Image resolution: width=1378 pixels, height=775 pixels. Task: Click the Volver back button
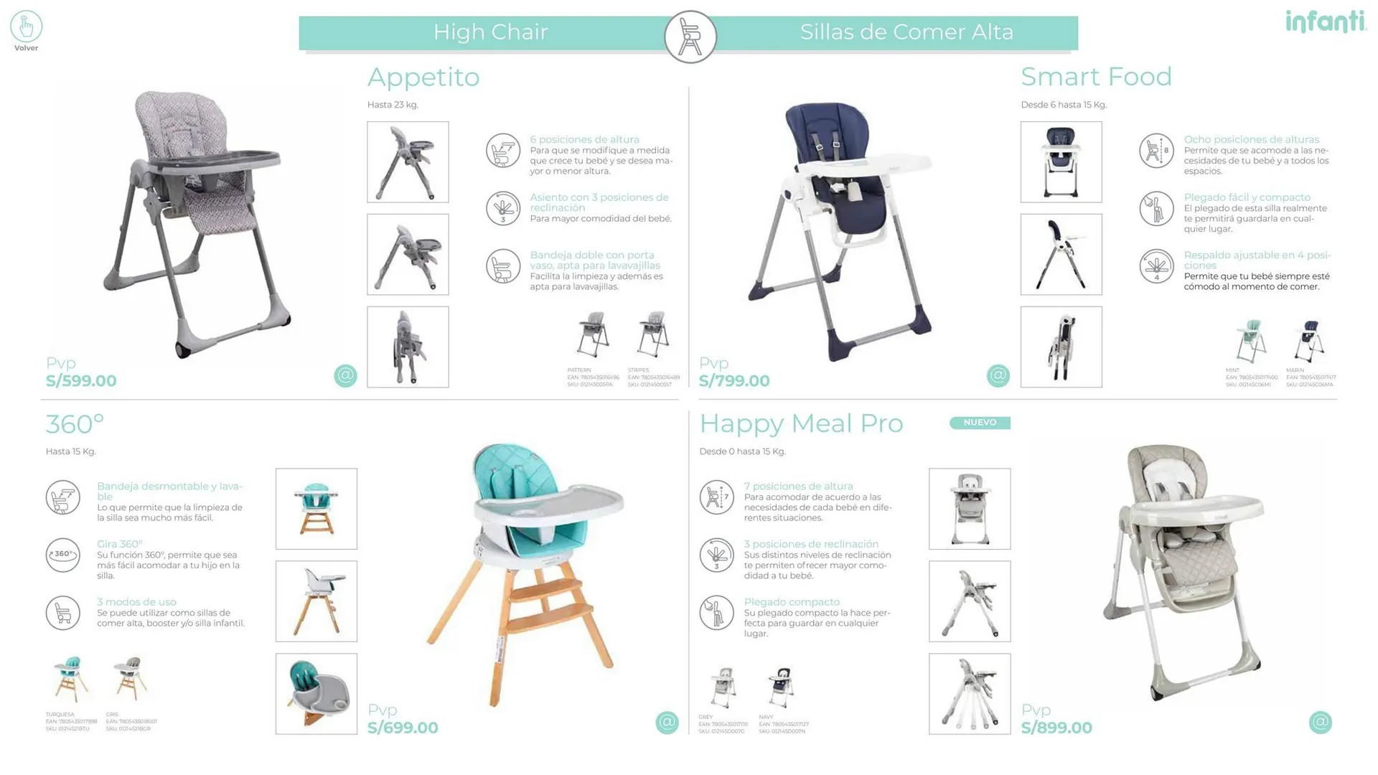[26, 31]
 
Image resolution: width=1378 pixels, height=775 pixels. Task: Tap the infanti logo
[1326, 22]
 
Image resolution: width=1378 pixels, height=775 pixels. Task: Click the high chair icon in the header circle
[690, 37]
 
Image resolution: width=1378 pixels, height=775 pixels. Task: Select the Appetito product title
[423, 77]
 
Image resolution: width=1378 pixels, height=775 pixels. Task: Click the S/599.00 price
[81, 381]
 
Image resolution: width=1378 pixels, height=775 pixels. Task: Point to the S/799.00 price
[734, 381]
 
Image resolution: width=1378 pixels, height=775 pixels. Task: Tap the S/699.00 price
[403, 728]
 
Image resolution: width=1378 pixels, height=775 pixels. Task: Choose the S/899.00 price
[1056, 728]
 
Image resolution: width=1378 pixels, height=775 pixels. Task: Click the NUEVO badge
[980, 423]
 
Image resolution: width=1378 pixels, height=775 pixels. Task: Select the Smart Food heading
[1096, 77]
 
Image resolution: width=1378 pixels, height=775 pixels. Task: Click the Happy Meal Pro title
[801, 423]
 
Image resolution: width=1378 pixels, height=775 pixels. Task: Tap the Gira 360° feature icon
[63, 555]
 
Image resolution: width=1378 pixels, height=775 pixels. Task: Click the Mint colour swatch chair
[1251, 342]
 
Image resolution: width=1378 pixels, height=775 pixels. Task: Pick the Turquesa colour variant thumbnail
[71, 678]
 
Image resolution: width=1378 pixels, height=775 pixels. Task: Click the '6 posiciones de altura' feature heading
[584, 139]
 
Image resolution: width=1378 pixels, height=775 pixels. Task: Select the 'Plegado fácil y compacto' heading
[1247, 197]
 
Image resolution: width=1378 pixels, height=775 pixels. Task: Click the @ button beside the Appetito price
[345, 375]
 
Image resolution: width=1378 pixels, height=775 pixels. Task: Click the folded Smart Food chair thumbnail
[1061, 347]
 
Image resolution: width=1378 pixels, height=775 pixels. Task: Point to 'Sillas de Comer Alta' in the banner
[906, 32]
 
